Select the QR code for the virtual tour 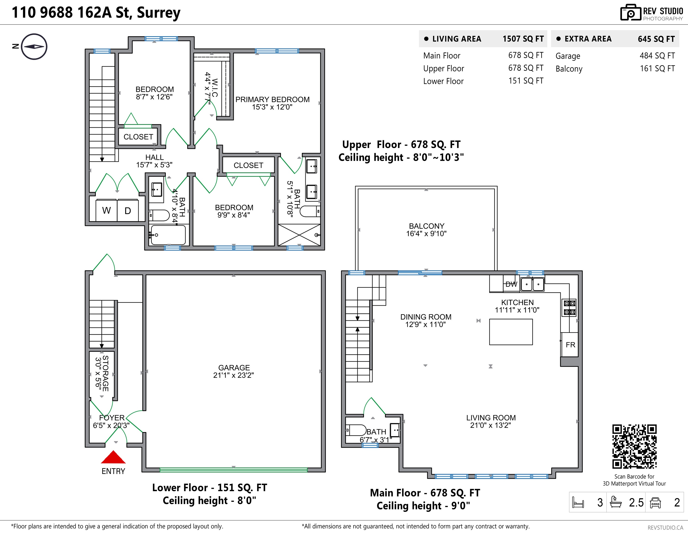pos(634,446)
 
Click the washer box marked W pos(107,210)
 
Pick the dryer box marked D pos(128,210)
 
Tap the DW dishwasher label pos(511,284)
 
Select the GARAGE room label pos(234,368)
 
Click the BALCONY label pos(427,226)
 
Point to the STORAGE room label pos(105,374)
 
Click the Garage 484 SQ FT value pos(657,56)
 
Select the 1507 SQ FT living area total pos(523,39)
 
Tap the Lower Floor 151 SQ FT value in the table pos(526,81)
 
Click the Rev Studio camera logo pos(631,13)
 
